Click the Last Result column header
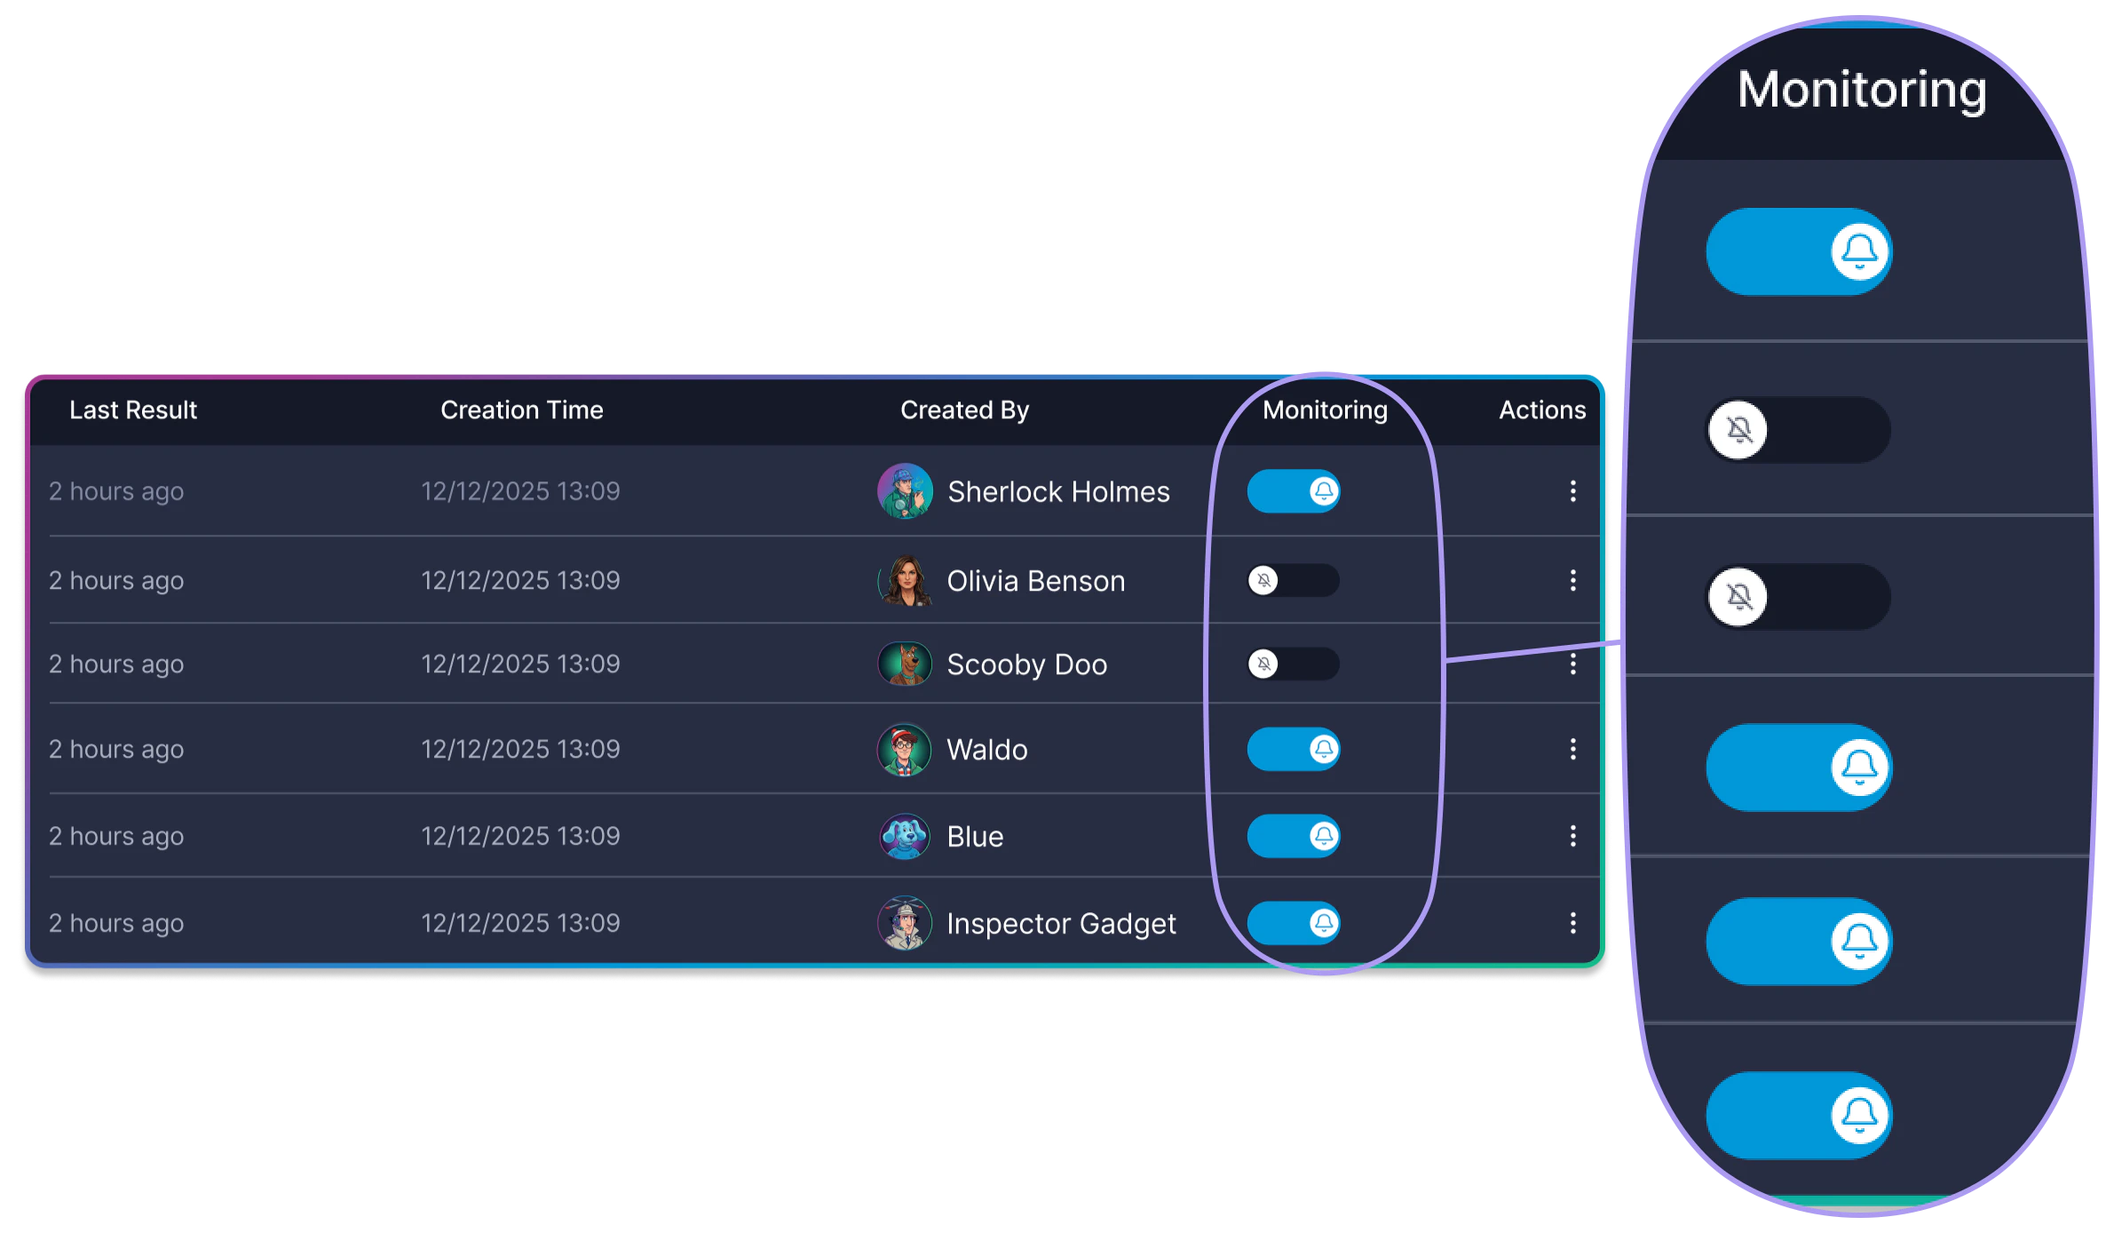pyautogui.click(x=133, y=410)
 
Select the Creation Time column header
pyautogui.click(x=521, y=410)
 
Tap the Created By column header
pyautogui.click(x=964, y=410)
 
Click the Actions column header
pyautogui.click(x=1541, y=410)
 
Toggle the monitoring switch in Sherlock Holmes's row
pyautogui.click(x=1293, y=491)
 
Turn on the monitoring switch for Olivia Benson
pyautogui.click(x=1293, y=581)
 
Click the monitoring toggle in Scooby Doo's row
pyautogui.click(x=1293, y=664)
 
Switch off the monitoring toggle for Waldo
pyautogui.click(x=1293, y=749)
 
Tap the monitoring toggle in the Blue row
pyautogui.click(x=1293, y=836)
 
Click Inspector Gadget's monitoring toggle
pyautogui.click(x=1293, y=923)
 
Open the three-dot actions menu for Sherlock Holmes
pyautogui.click(x=1572, y=491)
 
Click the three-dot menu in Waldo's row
pyautogui.click(x=1572, y=749)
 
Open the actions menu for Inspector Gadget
pyautogui.click(x=1572, y=923)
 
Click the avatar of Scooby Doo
pyautogui.click(x=905, y=664)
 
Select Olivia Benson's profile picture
pyautogui.click(x=905, y=581)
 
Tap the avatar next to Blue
pyautogui.click(x=905, y=836)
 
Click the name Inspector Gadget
pyautogui.click(x=1061, y=924)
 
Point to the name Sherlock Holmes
pyautogui.click(x=1058, y=492)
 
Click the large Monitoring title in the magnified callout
pyautogui.click(x=1861, y=90)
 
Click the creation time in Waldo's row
pyautogui.click(x=520, y=749)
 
